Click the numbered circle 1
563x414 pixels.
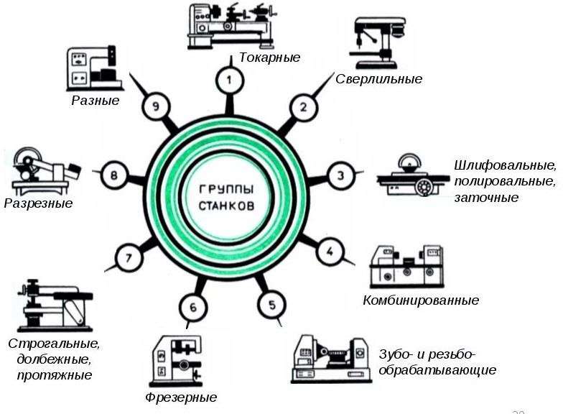[x=229, y=80]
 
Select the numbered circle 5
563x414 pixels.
[x=271, y=305]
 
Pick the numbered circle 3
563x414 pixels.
[x=341, y=175]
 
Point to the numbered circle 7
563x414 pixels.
[x=129, y=257]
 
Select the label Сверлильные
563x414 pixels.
[x=378, y=79]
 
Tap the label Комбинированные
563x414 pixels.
[x=421, y=300]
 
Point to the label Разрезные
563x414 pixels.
[x=38, y=203]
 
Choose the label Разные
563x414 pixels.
[x=95, y=101]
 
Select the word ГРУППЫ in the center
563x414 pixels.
[x=226, y=188]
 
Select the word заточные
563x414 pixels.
[x=486, y=198]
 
